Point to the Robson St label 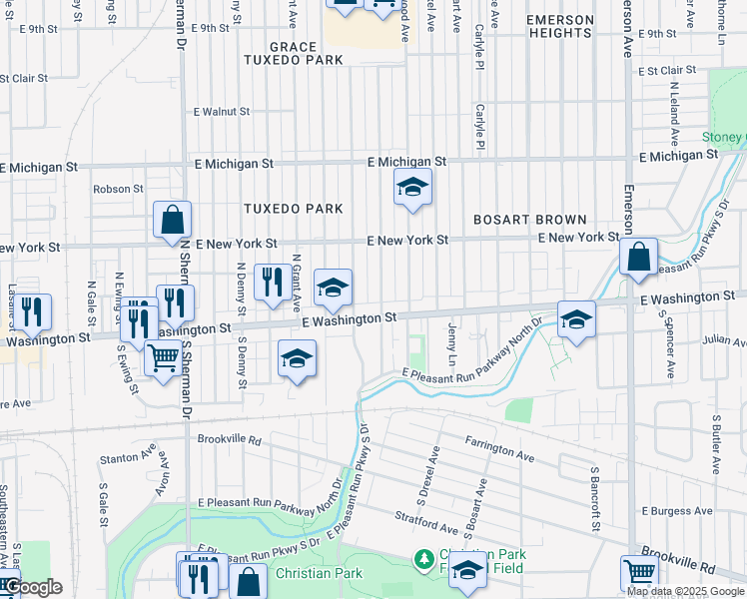(112, 189)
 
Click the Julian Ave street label (724, 341)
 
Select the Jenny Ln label (452, 342)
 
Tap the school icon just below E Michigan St (411, 187)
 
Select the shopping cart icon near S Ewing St (162, 357)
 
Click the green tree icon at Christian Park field (424, 559)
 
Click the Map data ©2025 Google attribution (685, 591)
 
